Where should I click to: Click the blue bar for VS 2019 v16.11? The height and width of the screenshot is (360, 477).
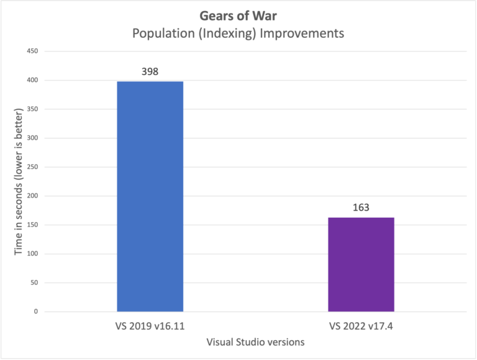pyautogui.click(x=150, y=196)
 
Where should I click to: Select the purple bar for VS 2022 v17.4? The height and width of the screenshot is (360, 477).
pyautogui.click(x=361, y=264)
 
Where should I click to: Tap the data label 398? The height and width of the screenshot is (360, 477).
pyautogui.click(x=150, y=71)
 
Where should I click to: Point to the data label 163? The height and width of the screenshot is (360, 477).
pyautogui.click(x=361, y=207)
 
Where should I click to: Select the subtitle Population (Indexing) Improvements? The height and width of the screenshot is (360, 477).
pyautogui.click(x=238, y=34)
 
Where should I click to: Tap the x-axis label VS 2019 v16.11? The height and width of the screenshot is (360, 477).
pyautogui.click(x=150, y=326)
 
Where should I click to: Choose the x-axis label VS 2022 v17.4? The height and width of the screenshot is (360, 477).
pyautogui.click(x=361, y=326)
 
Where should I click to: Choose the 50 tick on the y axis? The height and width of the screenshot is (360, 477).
pyautogui.click(x=35, y=282)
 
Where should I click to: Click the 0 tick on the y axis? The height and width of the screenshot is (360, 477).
pyautogui.click(x=37, y=312)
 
